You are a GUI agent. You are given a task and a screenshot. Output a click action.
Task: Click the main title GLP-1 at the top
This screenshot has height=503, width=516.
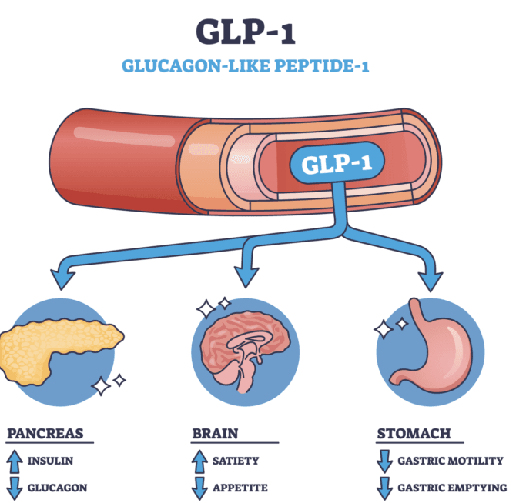pos(246,32)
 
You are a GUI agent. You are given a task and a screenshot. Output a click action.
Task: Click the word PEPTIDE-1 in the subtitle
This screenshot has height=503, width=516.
pos(321,65)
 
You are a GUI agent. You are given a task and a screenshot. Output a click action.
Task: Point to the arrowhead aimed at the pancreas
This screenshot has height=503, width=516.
pos(62,278)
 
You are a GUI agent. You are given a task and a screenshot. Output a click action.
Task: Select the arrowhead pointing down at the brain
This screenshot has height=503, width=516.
pos(246,277)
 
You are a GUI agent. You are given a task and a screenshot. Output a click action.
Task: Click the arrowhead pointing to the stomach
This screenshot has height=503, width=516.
pos(430,281)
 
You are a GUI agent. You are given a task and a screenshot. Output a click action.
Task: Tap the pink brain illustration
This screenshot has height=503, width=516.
pos(245,349)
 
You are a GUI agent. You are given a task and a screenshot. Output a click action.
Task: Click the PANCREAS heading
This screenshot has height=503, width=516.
pos(45,434)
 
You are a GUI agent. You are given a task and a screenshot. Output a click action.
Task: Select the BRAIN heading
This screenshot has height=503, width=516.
pos(215,434)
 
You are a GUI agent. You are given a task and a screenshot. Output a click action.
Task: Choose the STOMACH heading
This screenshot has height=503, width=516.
pos(414,434)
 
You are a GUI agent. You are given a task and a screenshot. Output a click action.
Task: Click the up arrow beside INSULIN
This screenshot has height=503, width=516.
pos(15,461)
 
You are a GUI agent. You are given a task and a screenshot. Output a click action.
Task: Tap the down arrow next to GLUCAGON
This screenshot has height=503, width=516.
pos(15,488)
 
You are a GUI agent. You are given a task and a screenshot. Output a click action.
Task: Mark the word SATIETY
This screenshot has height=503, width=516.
pos(236,461)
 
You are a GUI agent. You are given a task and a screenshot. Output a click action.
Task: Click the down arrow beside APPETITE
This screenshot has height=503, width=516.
pos(199,488)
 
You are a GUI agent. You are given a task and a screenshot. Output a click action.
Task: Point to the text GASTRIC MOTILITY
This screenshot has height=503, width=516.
pos(451,461)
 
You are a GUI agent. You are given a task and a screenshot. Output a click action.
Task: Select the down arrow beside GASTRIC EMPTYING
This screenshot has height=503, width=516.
pos(384,488)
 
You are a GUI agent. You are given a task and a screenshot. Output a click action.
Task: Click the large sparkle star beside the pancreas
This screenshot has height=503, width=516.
pos(101,386)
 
